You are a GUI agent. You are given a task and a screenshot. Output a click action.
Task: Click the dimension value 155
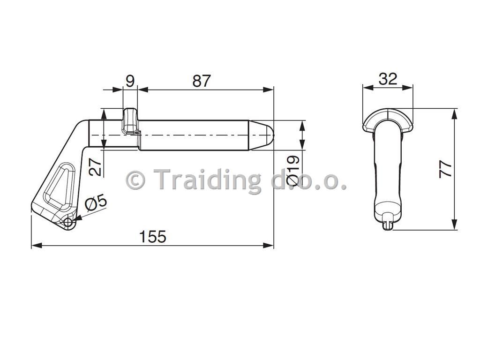pyautogui.click(x=152, y=236)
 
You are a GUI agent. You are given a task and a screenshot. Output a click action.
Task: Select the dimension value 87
pyautogui.click(x=202, y=81)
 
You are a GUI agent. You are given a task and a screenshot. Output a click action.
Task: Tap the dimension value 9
pyautogui.click(x=130, y=81)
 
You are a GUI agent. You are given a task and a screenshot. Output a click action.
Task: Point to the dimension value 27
pyautogui.click(x=96, y=166)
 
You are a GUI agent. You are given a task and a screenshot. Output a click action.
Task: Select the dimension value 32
pyautogui.click(x=388, y=79)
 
